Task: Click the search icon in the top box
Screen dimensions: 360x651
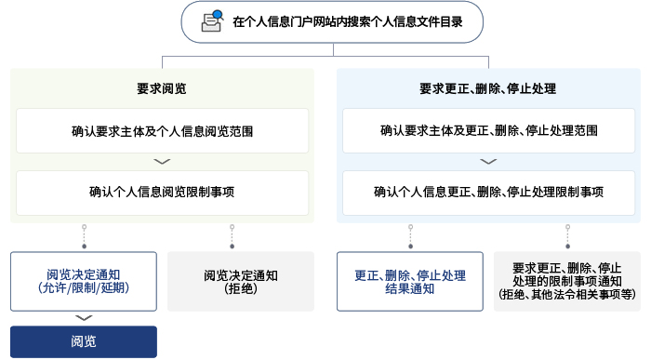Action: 213,20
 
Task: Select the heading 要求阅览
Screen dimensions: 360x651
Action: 162,89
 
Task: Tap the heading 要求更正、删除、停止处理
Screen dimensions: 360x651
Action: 488,89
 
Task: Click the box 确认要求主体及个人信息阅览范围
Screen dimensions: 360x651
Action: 162,131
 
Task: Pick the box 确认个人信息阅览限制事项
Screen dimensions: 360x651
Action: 162,193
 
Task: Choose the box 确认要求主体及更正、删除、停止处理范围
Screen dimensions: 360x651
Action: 488,131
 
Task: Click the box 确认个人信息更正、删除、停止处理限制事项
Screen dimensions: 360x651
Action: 488,193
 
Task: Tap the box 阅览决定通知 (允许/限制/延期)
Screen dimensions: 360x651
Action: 84,281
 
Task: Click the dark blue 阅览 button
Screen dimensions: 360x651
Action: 84,341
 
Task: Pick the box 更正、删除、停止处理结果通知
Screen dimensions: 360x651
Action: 410,281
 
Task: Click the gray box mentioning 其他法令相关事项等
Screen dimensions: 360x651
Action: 567,281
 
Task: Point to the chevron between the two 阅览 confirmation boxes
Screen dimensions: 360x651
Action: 162,162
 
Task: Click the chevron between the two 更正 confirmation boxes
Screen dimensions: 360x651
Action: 488,162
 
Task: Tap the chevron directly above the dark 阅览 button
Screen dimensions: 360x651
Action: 84,318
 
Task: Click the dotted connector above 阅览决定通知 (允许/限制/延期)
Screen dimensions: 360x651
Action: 84,237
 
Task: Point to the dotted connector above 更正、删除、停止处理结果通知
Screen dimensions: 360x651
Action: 410,237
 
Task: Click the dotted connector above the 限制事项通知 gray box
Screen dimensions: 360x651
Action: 566,237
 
